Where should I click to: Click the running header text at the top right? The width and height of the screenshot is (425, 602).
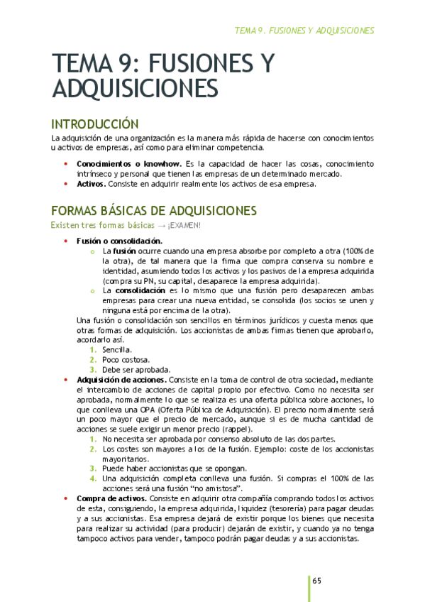304,31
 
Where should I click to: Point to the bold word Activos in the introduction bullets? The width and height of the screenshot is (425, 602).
90,184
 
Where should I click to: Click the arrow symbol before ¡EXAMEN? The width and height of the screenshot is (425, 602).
160,225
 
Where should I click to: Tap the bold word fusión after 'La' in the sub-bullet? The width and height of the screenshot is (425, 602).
125,251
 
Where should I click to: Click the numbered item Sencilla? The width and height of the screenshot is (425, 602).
116,350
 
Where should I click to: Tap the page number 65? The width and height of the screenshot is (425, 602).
317,581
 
